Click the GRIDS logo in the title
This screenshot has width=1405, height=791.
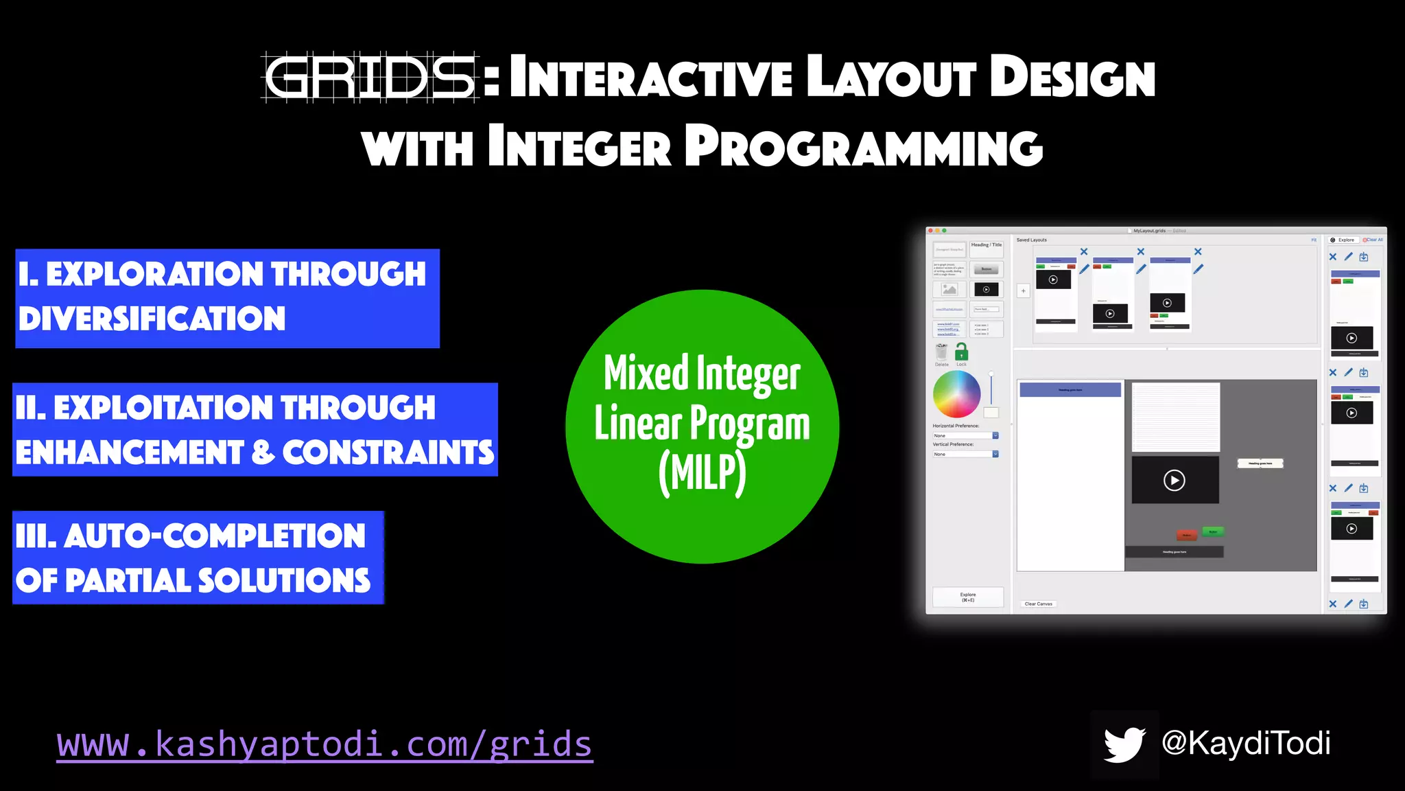(370, 78)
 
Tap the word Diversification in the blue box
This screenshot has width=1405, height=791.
(152, 319)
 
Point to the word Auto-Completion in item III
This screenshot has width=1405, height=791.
(215, 536)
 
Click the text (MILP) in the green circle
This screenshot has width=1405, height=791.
(702, 473)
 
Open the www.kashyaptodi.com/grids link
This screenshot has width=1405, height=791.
(324, 744)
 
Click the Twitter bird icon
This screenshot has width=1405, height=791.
(1124, 744)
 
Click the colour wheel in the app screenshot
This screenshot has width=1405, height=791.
(956, 394)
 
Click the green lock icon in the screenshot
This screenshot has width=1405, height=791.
(961, 352)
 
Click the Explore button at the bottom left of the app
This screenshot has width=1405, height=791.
(967, 597)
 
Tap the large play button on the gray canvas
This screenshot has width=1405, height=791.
(1174, 481)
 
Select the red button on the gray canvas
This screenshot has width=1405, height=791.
(1186, 535)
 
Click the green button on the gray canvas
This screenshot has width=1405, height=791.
(1213, 531)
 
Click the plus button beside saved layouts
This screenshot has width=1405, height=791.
(1023, 291)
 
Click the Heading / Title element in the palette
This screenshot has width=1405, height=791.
(986, 249)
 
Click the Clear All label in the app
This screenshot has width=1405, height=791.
(1373, 240)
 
